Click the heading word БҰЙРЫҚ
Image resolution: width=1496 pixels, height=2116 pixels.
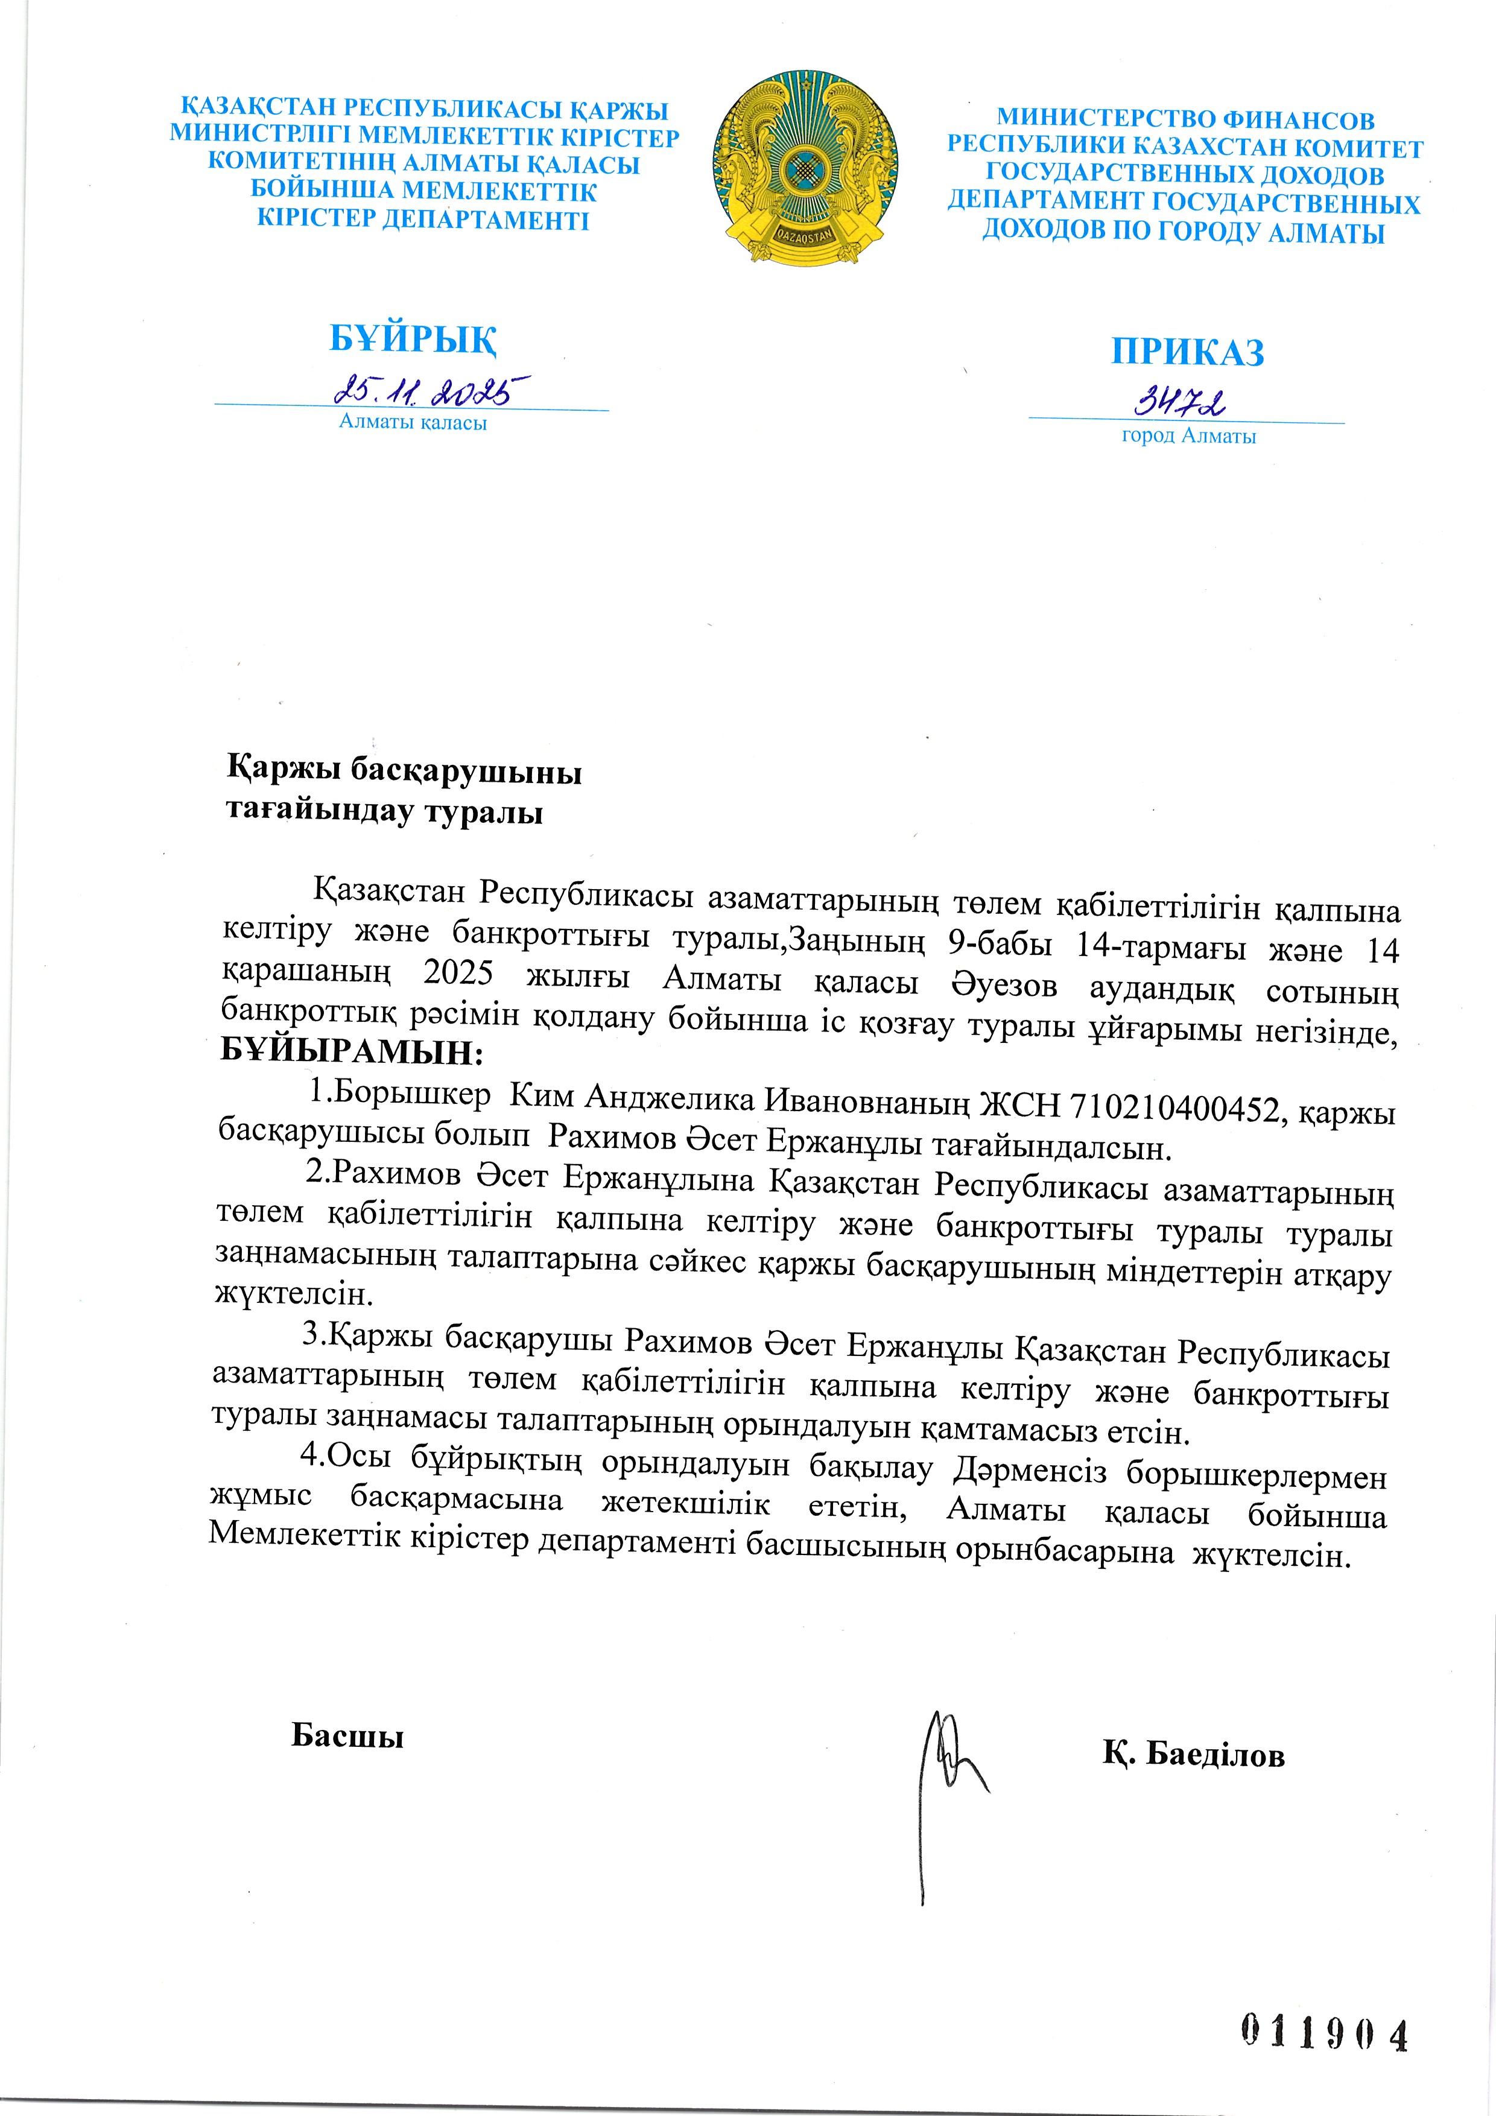413,338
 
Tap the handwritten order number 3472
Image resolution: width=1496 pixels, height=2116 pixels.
1180,403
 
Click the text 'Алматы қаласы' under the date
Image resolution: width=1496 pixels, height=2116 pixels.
413,423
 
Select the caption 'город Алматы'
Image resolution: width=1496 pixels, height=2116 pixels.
1188,436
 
